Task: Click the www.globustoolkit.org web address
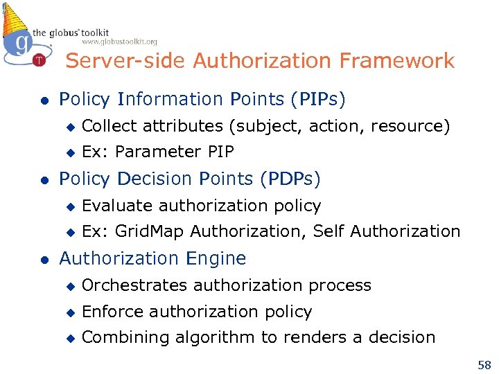(120, 42)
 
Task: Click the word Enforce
(112, 312)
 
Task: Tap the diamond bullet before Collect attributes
(69, 127)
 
